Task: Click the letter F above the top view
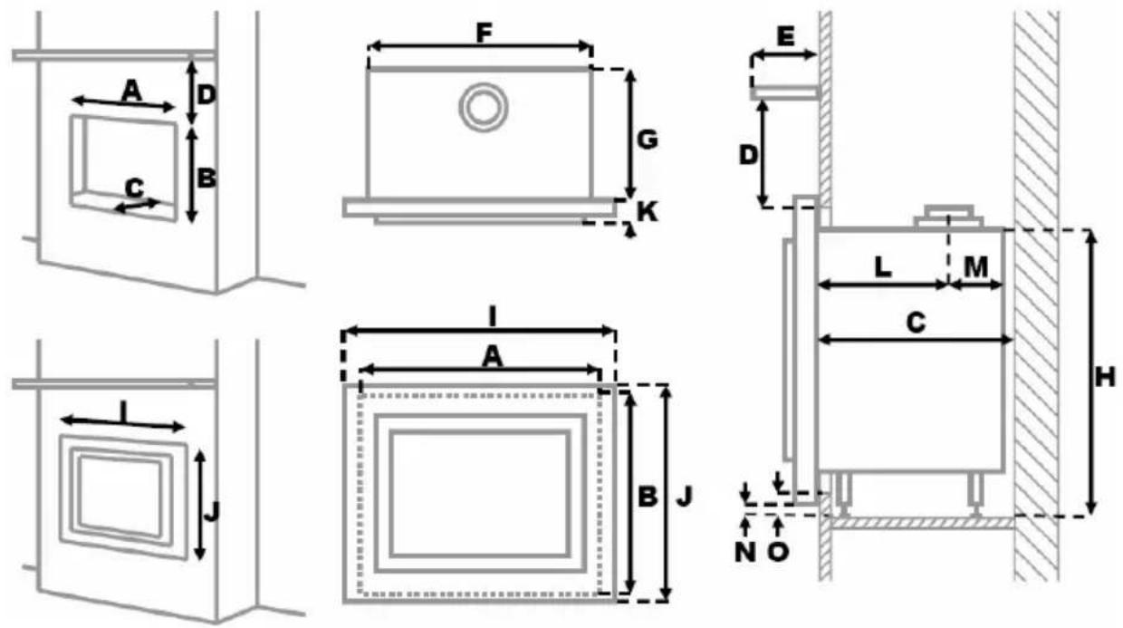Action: click(484, 34)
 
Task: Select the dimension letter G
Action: click(647, 140)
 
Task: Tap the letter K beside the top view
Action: click(648, 212)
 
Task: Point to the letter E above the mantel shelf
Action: click(785, 37)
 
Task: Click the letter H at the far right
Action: click(1105, 377)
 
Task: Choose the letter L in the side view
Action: click(883, 266)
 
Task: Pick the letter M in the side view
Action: click(976, 266)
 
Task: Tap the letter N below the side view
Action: click(745, 552)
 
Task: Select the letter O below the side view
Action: click(778, 552)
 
